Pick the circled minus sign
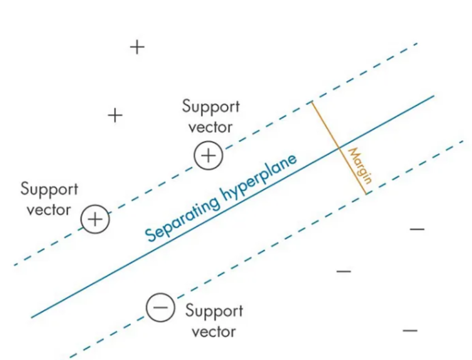pyautogui.click(x=160, y=307)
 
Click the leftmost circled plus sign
pyautogui.click(x=95, y=219)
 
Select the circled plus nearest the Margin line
pyautogui.click(x=208, y=155)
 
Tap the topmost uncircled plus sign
pyautogui.click(x=137, y=48)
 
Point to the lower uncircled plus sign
pyautogui.click(x=115, y=115)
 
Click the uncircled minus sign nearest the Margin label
pyautogui.click(x=417, y=230)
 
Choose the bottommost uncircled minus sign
pyautogui.click(x=410, y=331)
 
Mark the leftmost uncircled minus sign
pyautogui.click(x=344, y=272)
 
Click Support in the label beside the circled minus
pyautogui.click(x=214, y=310)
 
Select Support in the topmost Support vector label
pyautogui.click(x=211, y=107)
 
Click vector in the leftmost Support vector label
pyautogui.click(x=49, y=210)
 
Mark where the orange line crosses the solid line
pyautogui.click(x=338, y=148)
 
